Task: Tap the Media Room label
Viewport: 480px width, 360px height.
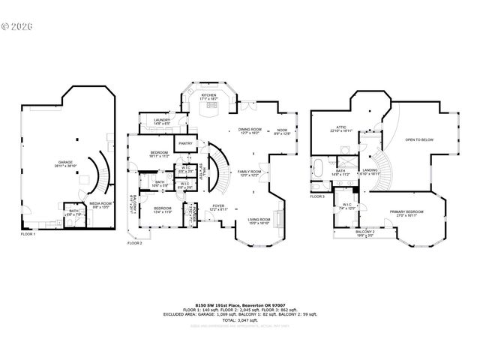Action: point(100,204)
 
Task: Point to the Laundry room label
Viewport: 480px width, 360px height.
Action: point(161,121)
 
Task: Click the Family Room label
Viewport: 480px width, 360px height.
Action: point(249,173)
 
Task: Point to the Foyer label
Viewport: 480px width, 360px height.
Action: point(217,207)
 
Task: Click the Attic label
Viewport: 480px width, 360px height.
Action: point(340,129)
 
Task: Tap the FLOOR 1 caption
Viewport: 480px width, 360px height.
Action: point(28,235)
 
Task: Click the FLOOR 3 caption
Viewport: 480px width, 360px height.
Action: point(317,196)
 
